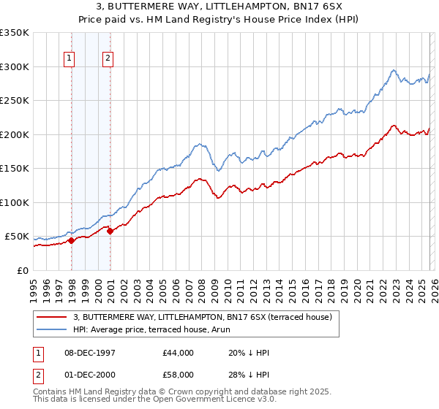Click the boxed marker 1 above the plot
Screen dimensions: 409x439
click(69, 59)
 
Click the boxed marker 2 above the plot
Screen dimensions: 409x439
click(108, 59)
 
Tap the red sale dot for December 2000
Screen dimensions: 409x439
click(110, 231)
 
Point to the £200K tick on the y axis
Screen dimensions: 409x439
click(15, 134)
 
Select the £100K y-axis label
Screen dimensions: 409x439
click(15, 202)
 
